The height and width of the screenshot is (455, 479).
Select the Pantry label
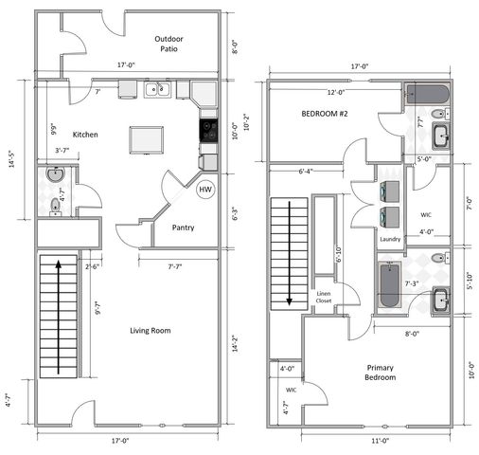184,227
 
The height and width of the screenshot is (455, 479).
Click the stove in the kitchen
208,127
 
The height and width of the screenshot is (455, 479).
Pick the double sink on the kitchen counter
157,91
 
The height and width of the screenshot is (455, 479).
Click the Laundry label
390,239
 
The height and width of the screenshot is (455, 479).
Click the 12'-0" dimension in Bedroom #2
336,92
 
